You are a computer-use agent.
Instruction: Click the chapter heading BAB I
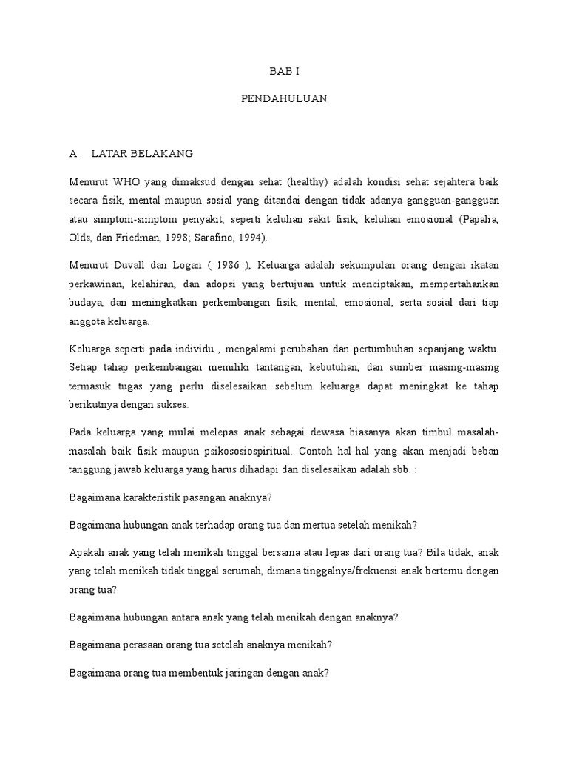(x=284, y=72)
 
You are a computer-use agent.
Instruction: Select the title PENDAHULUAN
(x=284, y=98)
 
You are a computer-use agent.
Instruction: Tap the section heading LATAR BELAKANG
(x=142, y=154)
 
